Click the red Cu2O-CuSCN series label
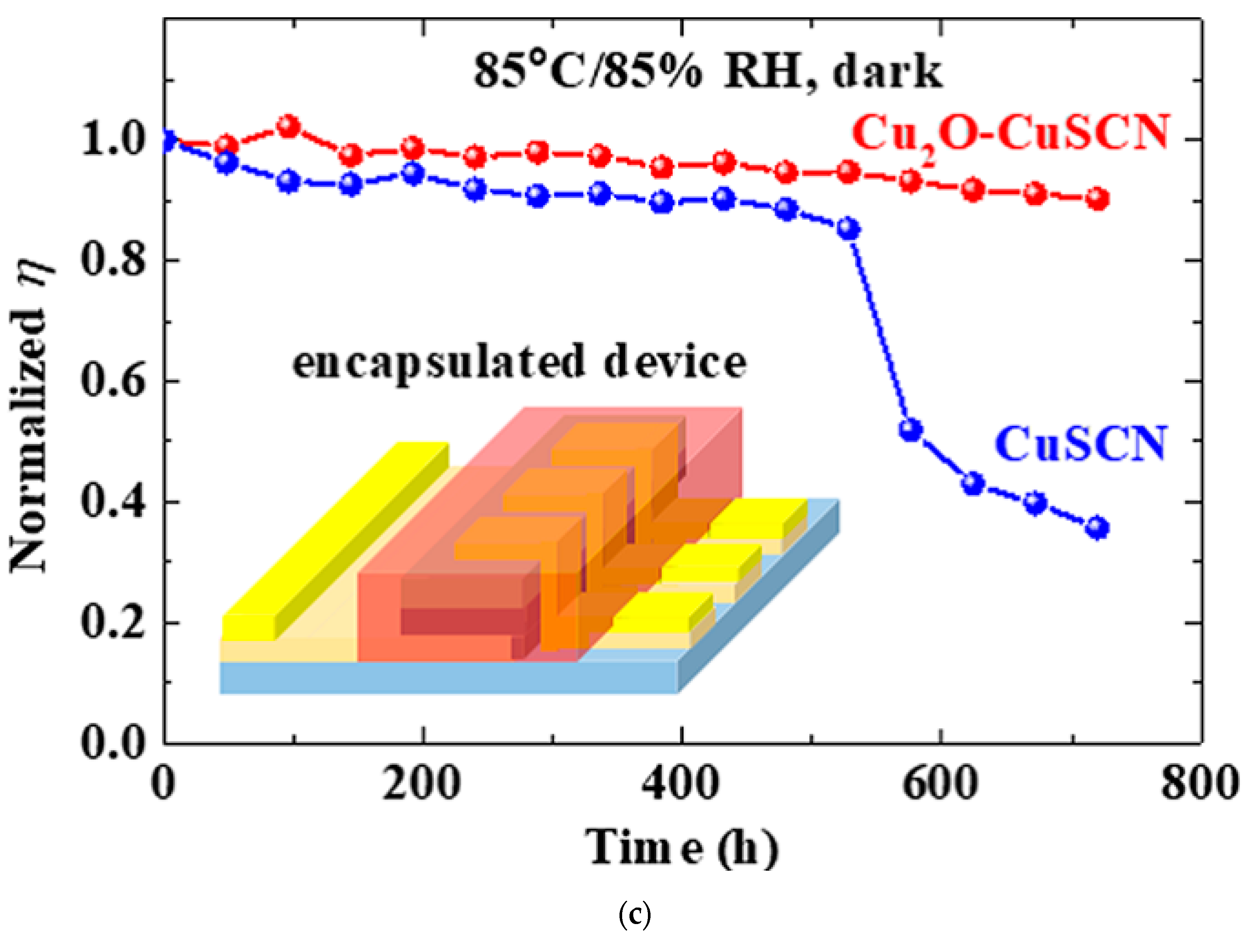point(1010,134)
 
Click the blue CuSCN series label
point(1080,444)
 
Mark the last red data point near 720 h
point(1097,199)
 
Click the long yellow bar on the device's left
point(334,540)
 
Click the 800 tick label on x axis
point(1199,784)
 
